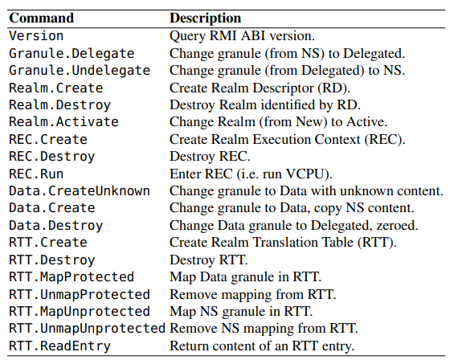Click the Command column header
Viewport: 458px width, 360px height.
[x=42, y=18]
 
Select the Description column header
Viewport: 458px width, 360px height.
[x=206, y=18]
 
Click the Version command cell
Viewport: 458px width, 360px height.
[x=36, y=36]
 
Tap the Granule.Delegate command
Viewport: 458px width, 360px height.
[x=72, y=54]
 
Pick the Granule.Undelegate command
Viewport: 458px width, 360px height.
[x=80, y=71]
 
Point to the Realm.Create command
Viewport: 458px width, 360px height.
[x=56, y=88]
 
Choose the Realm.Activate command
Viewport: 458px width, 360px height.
[x=63, y=122]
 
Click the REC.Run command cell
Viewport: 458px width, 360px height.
[x=36, y=174]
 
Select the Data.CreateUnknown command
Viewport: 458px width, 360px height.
[x=80, y=190]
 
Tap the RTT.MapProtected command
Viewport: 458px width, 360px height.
[x=72, y=277]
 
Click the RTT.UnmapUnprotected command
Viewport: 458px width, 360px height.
[x=88, y=329]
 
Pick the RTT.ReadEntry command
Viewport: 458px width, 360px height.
[x=60, y=346]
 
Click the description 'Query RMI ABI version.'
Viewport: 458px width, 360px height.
[x=242, y=36]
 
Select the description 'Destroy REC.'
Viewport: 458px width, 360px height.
[x=210, y=157]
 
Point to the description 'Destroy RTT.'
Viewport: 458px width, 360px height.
[x=209, y=260]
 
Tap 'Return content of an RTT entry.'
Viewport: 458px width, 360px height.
[x=262, y=346]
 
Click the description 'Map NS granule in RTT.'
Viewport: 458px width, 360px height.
[x=241, y=312]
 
